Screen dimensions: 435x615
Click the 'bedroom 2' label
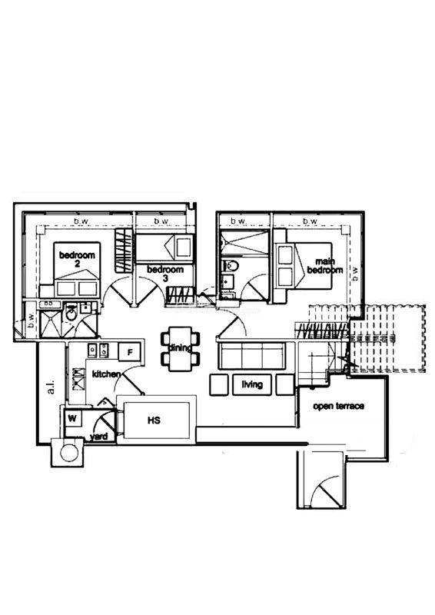77,259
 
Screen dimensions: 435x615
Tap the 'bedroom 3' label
165,274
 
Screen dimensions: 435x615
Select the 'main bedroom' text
325,265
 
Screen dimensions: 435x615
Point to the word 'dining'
180,347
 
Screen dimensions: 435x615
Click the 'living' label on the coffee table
252,384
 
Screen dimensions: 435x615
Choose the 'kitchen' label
106,374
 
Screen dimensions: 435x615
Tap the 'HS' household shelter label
154,420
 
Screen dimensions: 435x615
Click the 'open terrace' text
338,407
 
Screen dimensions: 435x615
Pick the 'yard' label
98,437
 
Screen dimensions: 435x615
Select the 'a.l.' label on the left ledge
51,388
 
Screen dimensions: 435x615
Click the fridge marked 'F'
130,352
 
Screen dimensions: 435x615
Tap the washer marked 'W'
72,418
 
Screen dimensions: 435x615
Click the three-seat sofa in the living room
252,355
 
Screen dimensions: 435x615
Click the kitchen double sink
98,351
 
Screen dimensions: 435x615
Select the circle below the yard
69,453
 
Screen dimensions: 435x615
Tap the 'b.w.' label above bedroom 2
81,221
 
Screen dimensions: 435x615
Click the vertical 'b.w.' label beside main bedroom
355,274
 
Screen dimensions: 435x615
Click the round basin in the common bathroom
71,314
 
